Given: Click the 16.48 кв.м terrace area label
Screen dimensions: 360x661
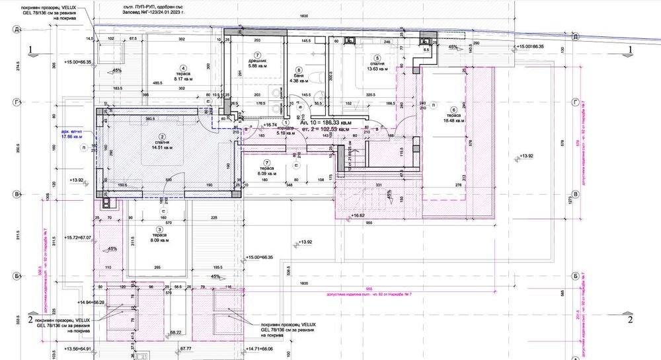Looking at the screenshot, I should point(452,121).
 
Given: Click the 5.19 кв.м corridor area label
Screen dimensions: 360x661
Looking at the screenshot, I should point(286,133).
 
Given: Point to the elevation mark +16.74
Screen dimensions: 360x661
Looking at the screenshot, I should point(269,124).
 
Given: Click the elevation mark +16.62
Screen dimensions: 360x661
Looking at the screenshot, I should point(358,215).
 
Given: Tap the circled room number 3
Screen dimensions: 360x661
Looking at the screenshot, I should point(160,229).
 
